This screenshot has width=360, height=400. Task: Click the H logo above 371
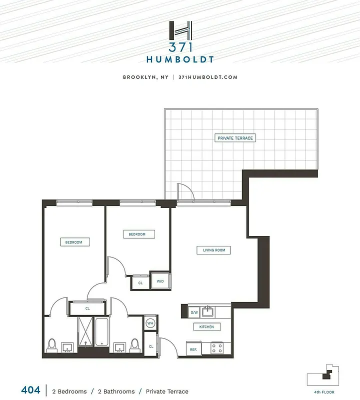[180, 31]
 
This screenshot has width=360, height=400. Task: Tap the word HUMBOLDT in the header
[180, 59]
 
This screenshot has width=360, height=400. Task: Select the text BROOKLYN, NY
[145, 77]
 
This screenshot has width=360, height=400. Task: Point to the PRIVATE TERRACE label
[235, 138]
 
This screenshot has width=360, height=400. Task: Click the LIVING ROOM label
[213, 250]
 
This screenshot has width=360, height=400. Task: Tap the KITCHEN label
[206, 327]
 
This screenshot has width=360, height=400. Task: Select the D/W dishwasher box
[194, 312]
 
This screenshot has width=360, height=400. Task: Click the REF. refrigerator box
[193, 349]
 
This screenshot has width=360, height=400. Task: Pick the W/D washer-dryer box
[160, 281]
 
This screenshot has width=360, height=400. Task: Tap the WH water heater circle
[150, 323]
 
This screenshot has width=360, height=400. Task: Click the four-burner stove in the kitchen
[217, 347]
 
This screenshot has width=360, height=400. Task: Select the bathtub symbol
[101, 331]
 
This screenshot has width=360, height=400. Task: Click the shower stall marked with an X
[85, 331]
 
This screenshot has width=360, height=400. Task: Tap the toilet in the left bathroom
[51, 345]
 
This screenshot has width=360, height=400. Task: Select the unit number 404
[30, 390]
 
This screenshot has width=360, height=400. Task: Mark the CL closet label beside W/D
[140, 283]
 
